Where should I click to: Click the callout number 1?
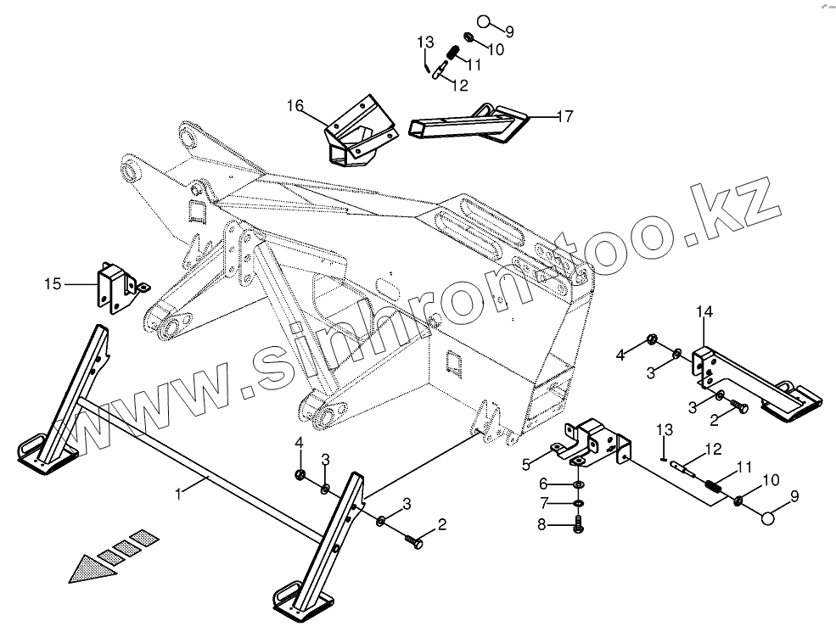pos(178,493)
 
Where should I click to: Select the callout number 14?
pos(705,313)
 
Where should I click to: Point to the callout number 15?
pos(53,283)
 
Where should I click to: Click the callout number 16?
pos(294,106)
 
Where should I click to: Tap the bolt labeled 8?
pos(579,526)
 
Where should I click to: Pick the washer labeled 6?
pos(578,484)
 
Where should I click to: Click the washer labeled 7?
pos(578,504)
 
